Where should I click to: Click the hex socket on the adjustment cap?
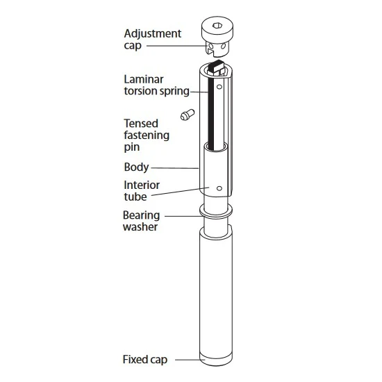(217, 25)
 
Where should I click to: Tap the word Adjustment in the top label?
(153, 33)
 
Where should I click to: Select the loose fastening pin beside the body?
(188, 115)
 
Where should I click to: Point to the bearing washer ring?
(216, 211)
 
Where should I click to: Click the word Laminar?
(144, 79)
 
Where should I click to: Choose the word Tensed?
(141, 123)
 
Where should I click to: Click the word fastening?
(147, 135)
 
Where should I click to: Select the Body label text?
(136, 167)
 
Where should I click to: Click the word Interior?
(142, 185)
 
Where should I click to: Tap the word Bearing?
(141, 215)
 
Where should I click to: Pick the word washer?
(140, 227)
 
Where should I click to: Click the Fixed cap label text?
(145, 360)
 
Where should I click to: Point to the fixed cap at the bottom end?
(216, 360)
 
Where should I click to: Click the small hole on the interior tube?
(219, 188)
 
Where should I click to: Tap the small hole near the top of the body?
(219, 87)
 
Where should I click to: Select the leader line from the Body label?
(175, 168)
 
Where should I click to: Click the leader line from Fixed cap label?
(190, 360)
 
